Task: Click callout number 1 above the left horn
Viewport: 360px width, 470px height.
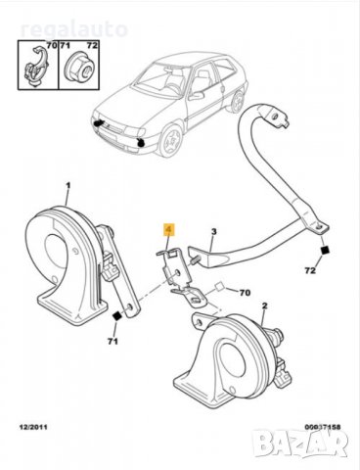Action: [67, 185]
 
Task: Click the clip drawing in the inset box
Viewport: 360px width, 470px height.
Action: [34, 64]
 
